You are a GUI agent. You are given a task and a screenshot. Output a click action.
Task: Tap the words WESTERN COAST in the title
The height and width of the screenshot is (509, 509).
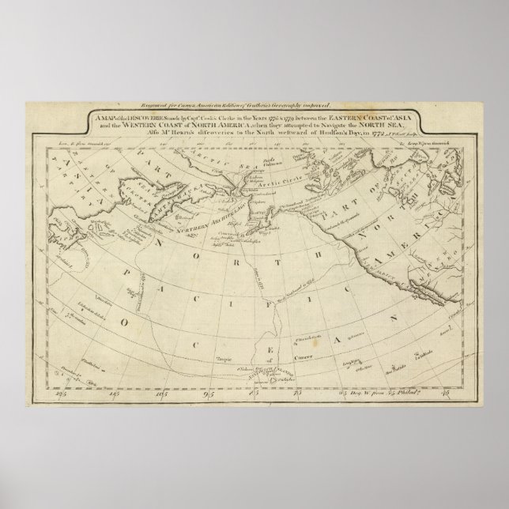tap(145, 123)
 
